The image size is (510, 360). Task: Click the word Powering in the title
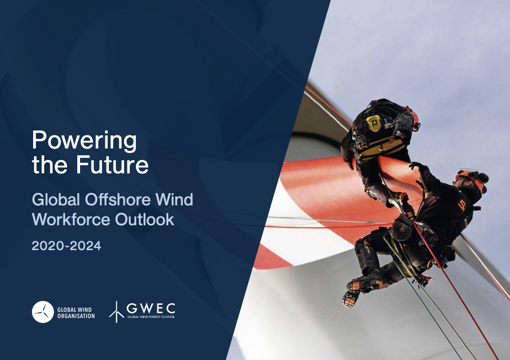pos(84,141)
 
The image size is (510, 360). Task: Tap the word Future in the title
pos(112,165)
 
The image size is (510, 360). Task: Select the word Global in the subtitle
pos(56,199)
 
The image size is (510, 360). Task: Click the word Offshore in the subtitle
pos(118,199)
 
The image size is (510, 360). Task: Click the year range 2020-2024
pos(66,246)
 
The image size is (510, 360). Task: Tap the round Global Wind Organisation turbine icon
pos(42,312)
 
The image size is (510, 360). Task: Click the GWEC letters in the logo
pos(151,308)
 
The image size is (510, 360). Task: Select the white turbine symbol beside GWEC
pos(116,312)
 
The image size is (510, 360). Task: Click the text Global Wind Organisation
pos(76,313)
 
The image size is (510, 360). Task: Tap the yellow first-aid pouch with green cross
pos(374,123)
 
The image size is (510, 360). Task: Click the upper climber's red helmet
pos(412,118)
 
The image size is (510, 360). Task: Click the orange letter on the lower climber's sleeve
pos(461,205)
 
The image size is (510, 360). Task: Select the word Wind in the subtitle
pos(174,199)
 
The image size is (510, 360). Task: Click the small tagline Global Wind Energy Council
pos(151,317)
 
